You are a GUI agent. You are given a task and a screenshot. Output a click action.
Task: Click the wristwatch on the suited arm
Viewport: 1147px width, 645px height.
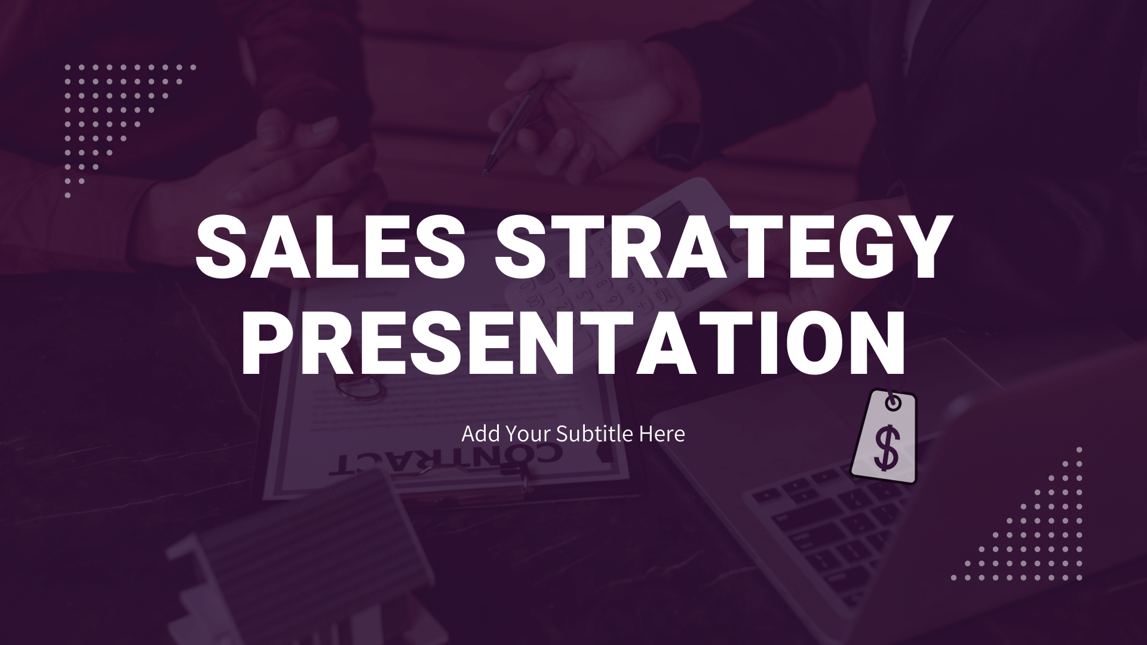675,143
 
